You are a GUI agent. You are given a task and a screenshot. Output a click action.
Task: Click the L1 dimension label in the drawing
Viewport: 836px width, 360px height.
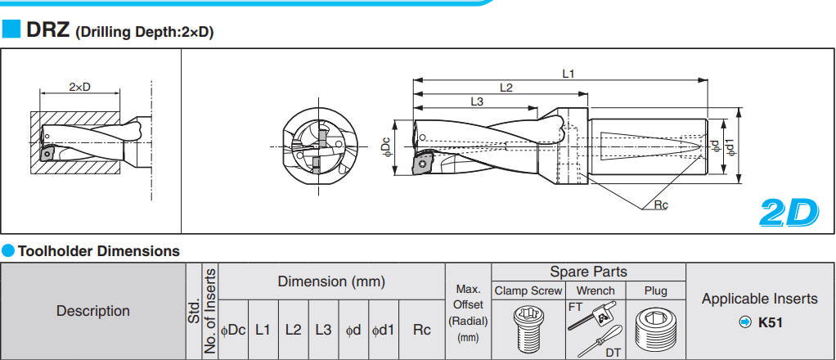click(569, 74)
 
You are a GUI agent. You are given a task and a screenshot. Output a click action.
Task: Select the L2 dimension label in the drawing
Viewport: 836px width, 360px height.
click(506, 88)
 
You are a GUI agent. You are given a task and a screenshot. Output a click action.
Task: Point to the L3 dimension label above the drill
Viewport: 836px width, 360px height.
click(477, 102)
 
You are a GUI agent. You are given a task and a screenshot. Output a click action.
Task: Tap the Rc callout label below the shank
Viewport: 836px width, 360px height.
click(661, 205)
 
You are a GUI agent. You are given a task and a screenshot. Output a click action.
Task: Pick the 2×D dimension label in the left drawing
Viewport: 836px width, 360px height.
click(79, 87)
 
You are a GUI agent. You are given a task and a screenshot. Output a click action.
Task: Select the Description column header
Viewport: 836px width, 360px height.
click(93, 311)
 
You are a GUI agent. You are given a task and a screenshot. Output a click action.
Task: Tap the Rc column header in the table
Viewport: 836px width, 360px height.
click(422, 330)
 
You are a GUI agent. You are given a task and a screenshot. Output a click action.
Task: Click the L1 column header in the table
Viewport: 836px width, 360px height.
click(263, 330)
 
